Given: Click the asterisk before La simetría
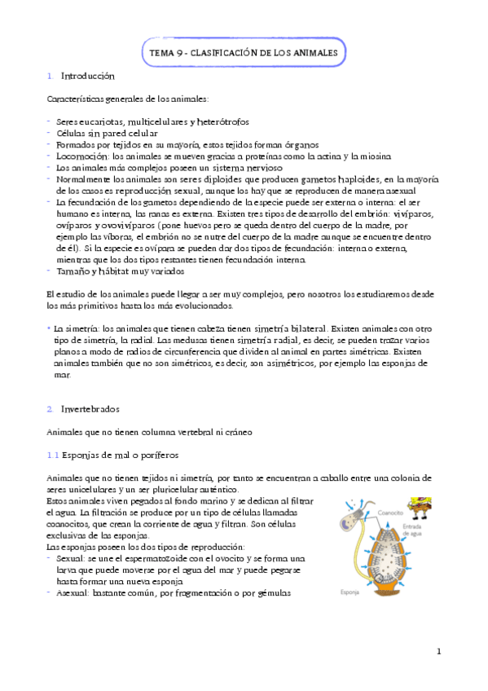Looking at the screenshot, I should [x=49, y=327].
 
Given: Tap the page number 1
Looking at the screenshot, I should [x=438, y=650].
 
